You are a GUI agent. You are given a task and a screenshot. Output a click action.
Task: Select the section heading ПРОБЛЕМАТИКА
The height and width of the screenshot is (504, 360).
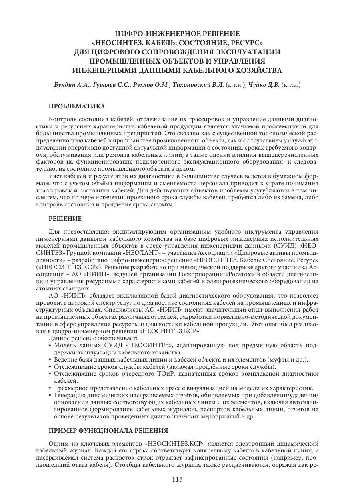click(77, 106)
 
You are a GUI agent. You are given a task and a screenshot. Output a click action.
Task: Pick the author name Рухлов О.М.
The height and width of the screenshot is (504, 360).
click(144, 85)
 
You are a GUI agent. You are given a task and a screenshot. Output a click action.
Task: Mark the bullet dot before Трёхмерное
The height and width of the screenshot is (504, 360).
click(50, 388)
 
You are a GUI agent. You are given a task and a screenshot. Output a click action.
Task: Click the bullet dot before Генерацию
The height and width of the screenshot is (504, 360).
click(50, 395)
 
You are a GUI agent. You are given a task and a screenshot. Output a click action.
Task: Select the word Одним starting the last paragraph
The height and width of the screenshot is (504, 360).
click(58, 443)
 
